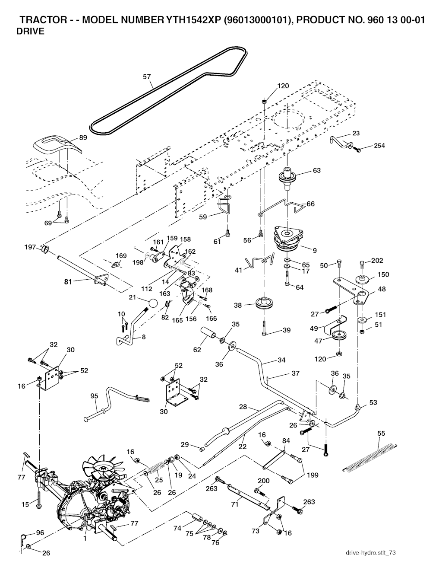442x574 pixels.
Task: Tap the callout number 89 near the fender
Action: pos(83,138)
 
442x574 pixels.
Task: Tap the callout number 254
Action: pos(379,146)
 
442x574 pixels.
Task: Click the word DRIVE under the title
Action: pos(30,32)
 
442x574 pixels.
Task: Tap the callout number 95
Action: pos(94,395)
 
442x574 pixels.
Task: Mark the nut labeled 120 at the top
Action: pos(264,101)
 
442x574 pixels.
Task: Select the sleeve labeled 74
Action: pos(197,517)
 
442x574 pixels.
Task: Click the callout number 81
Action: pos(67,281)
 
